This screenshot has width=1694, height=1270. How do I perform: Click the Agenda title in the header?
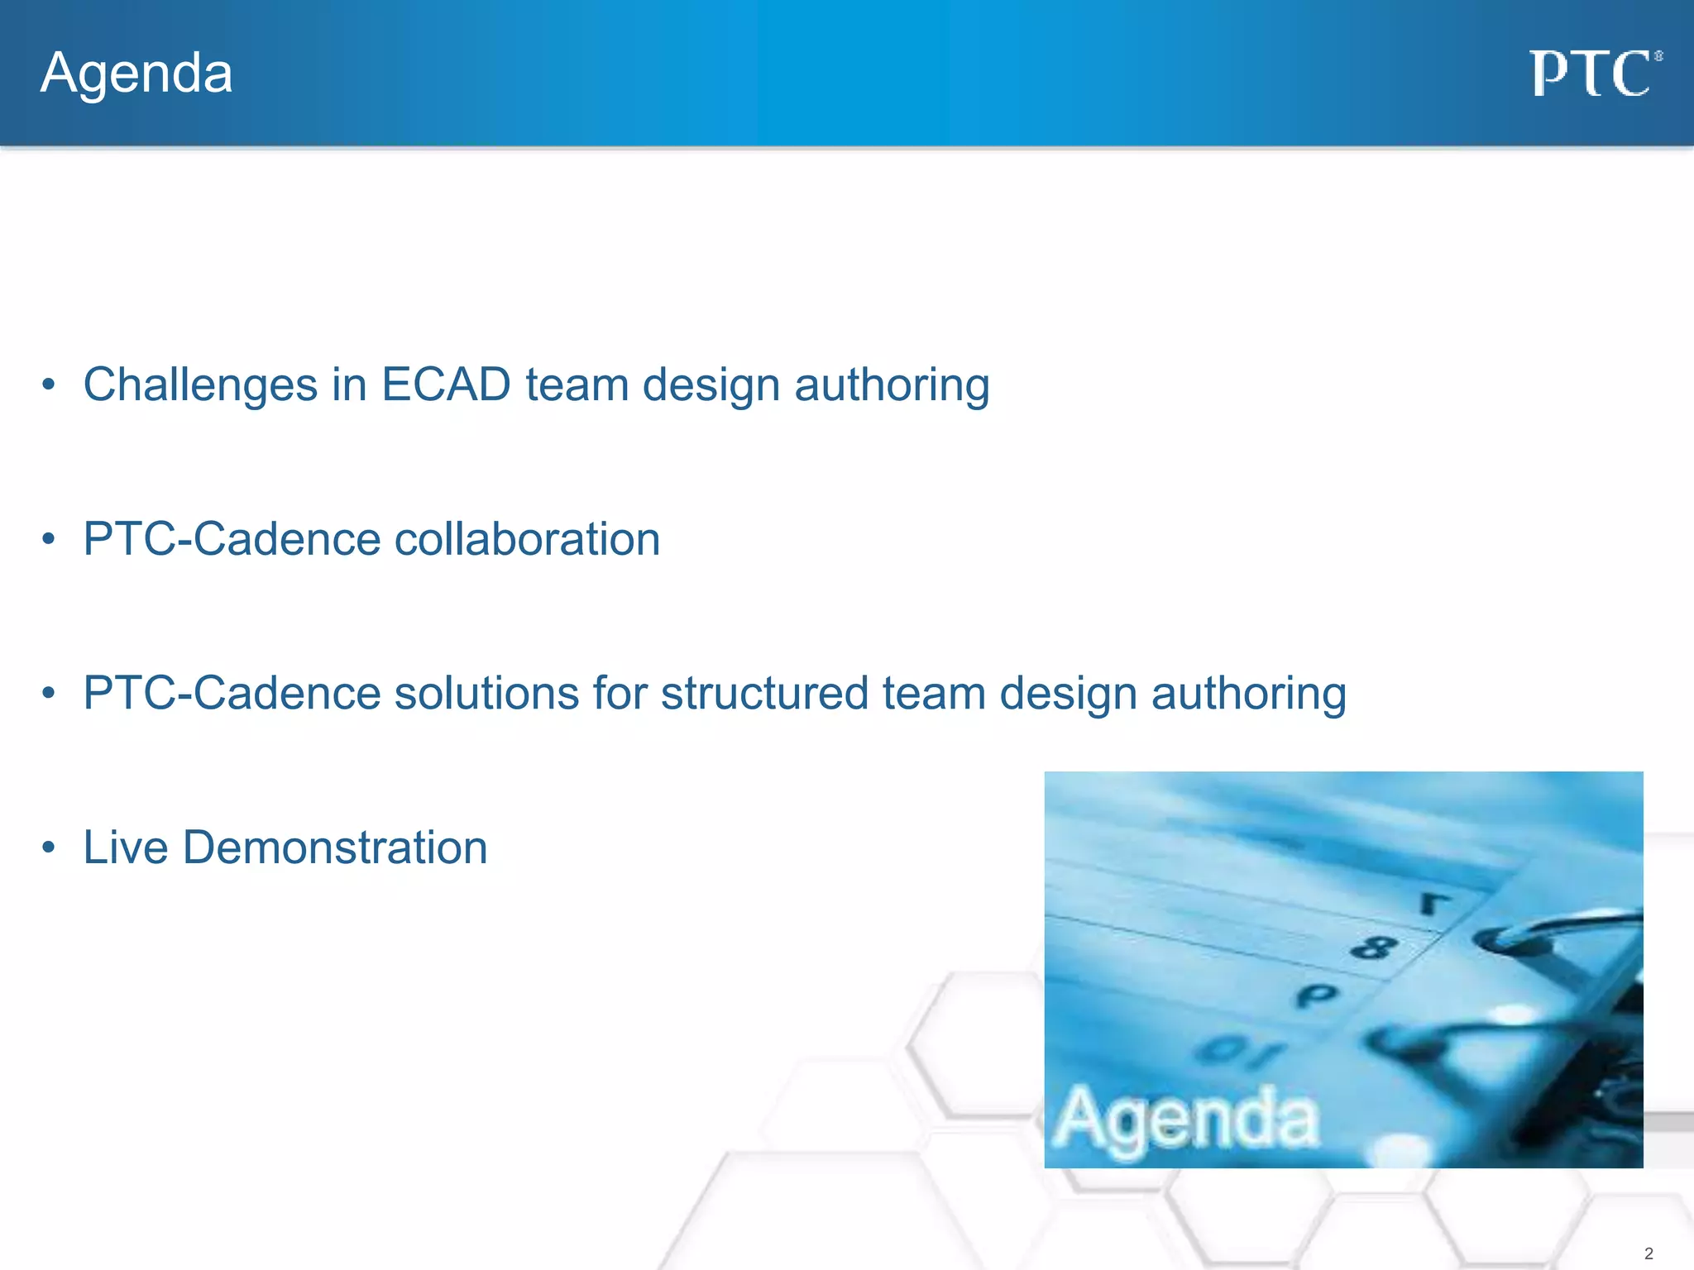(x=136, y=74)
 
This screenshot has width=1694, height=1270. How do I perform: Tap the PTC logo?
(x=1593, y=74)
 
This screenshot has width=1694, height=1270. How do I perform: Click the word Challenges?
(x=200, y=385)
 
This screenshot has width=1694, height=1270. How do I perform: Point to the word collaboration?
(x=527, y=540)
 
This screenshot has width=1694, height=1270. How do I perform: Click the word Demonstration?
(x=335, y=848)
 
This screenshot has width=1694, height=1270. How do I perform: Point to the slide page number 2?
(x=1649, y=1253)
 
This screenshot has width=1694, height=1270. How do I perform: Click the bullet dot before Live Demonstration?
(x=49, y=847)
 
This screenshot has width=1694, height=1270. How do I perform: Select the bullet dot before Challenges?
(x=49, y=384)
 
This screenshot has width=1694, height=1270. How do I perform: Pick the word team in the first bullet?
(x=577, y=385)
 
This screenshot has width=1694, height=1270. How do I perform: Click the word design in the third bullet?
(x=1068, y=694)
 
